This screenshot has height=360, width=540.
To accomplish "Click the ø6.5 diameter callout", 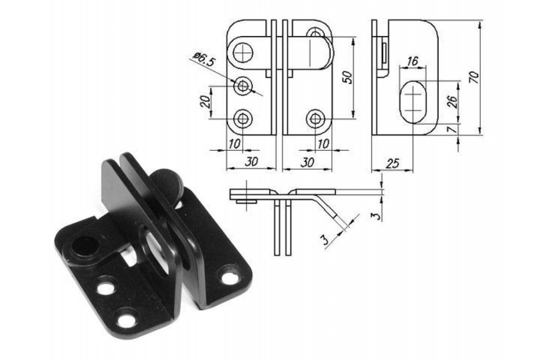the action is click(x=204, y=59).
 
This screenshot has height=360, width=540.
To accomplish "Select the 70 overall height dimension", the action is click(x=474, y=77).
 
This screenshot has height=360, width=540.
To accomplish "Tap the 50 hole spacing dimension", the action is click(x=347, y=77).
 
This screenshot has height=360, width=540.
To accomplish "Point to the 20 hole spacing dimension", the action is click(x=205, y=101).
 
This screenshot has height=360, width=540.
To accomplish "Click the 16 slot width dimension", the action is click(x=413, y=61).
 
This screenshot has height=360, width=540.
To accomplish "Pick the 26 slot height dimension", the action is click(x=452, y=102).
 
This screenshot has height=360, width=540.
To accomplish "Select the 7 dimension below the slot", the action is click(x=452, y=130).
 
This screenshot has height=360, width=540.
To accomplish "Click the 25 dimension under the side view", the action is click(x=393, y=164).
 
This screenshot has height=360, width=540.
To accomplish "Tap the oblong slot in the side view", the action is click(x=413, y=102).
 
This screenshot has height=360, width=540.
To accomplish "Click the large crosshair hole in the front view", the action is click(x=243, y=52).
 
